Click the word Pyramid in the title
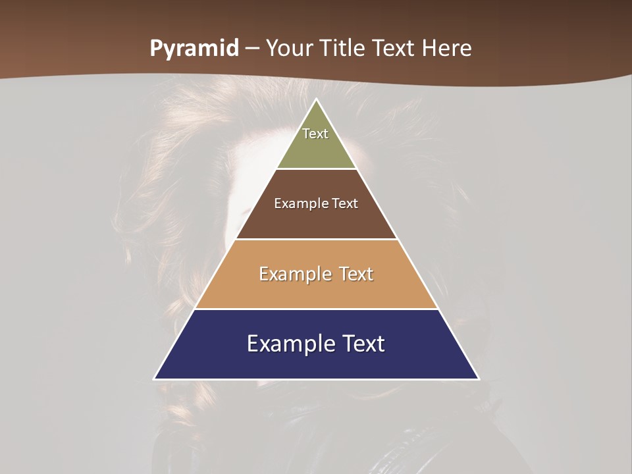click(x=194, y=49)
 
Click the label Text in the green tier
click(x=315, y=134)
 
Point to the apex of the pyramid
click(x=317, y=100)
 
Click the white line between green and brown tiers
click(x=316, y=169)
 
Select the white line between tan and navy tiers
click(x=316, y=309)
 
